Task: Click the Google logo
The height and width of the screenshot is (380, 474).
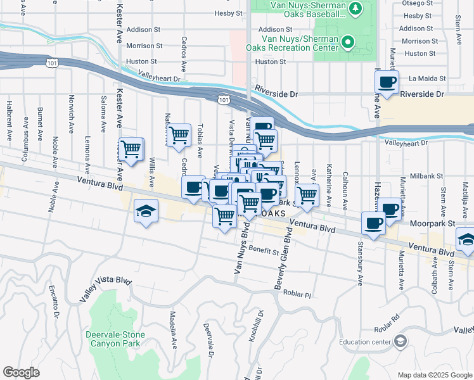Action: click(21, 372)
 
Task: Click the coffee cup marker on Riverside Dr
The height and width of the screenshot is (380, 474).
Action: click(387, 82)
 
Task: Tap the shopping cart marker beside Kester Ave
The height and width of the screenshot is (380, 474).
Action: click(131, 150)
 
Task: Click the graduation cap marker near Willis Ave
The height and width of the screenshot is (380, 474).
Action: click(146, 211)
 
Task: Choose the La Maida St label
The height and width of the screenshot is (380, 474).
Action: click(427, 79)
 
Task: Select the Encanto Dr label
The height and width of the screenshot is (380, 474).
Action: click(53, 303)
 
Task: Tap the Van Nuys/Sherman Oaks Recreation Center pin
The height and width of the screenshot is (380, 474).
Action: click(348, 43)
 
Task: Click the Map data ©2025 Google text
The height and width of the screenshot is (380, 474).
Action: click(435, 375)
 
